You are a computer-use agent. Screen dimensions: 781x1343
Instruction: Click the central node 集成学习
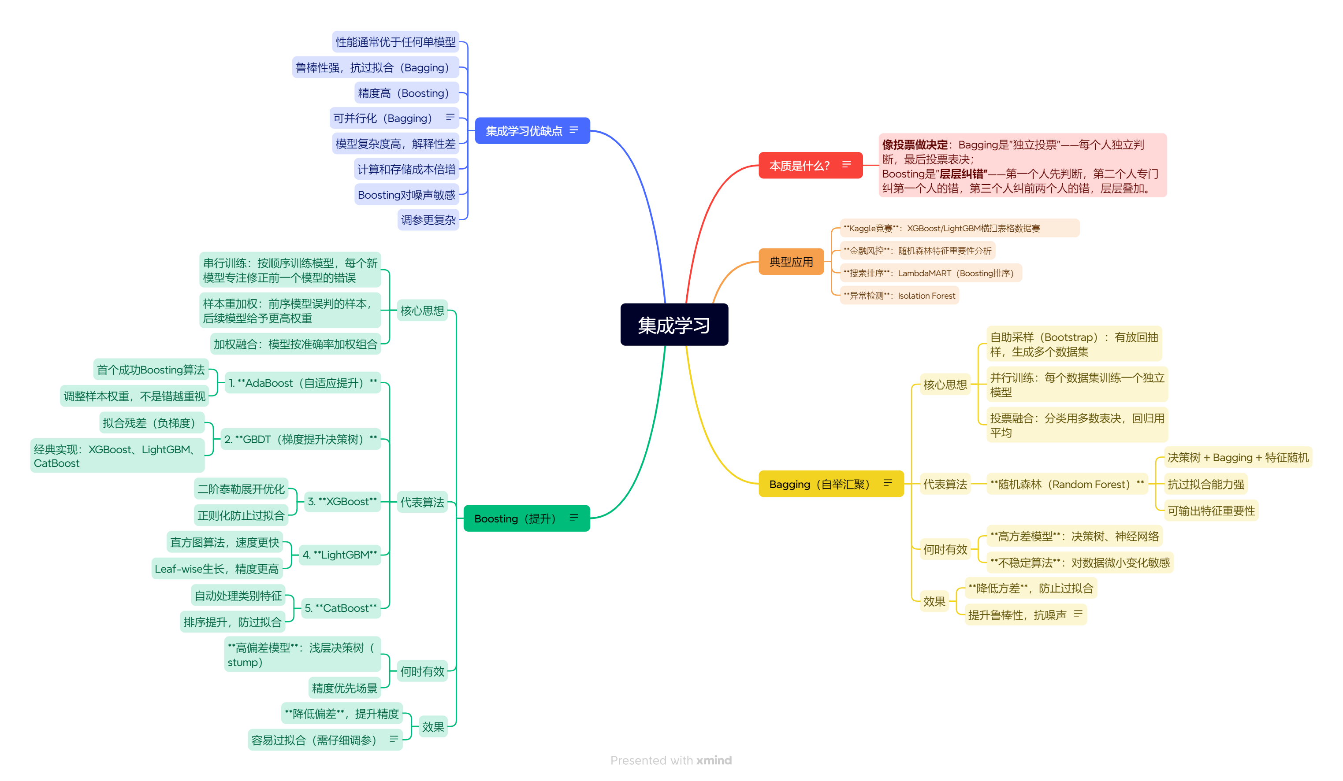[x=673, y=325]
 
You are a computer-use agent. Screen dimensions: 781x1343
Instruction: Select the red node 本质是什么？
[x=800, y=165]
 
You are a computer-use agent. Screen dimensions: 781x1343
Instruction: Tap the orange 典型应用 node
[x=791, y=262]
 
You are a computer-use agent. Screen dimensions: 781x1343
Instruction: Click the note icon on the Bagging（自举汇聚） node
[x=887, y=483]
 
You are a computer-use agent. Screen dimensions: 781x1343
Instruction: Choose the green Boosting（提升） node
[x=515, y=518]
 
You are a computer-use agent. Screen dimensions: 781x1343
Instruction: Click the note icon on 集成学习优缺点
[x=573, y=130]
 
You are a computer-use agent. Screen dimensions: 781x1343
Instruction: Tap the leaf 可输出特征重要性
[x=1211, y=511]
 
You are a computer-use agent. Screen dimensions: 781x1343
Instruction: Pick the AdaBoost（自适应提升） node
[x=302, y=383]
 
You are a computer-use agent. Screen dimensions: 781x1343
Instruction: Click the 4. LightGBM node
[x=339, y=555]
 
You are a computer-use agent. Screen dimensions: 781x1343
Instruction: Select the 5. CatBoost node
[x=341, y=608]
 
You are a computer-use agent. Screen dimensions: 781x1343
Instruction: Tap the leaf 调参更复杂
[x=428, y=220]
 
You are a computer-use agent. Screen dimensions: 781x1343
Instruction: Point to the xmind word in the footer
[x=714, y=760]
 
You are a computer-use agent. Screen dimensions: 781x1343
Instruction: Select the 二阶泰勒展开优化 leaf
[x=241, y=489]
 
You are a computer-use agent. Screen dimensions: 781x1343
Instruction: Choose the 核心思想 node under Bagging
[x=945, y=385]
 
